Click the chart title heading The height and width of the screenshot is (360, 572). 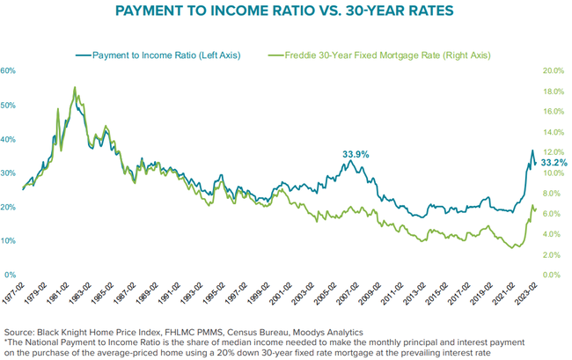click(x=284, y=11)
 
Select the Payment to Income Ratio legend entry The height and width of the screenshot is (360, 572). click(x=158, y=55)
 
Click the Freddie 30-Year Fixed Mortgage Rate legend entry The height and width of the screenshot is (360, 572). click(x=379, y=55)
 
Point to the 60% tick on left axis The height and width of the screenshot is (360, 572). click(x=8, y=70)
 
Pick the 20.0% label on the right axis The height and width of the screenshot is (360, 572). click(x=554, y=70)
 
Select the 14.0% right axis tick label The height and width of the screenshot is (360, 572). click(x=554, y=132)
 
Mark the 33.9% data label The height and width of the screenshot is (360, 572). click(x=356, y=155)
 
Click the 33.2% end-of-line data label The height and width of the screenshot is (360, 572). click(x=554, y=162)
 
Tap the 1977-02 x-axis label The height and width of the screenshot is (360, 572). click(x=13, y=293)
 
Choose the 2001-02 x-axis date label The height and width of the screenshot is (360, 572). click(x=281, y=293)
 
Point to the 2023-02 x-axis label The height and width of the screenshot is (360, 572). click(x=526, y=293)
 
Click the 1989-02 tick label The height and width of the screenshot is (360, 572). click(x=147, y=293)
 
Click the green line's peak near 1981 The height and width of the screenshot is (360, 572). click(x=75, y=87)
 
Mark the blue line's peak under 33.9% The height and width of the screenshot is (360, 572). click(x=350, y=160)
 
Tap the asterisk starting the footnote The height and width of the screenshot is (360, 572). click(x=6, y=342)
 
